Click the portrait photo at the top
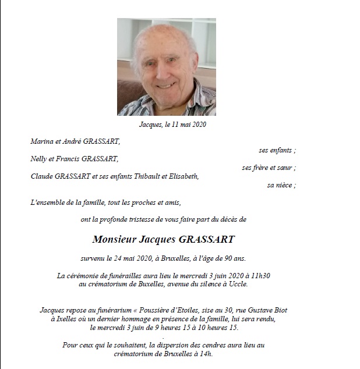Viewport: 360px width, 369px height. tap(167, 67)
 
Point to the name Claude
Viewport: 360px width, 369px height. tap(42, 176)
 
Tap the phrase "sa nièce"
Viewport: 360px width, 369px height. tap(280, 185)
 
